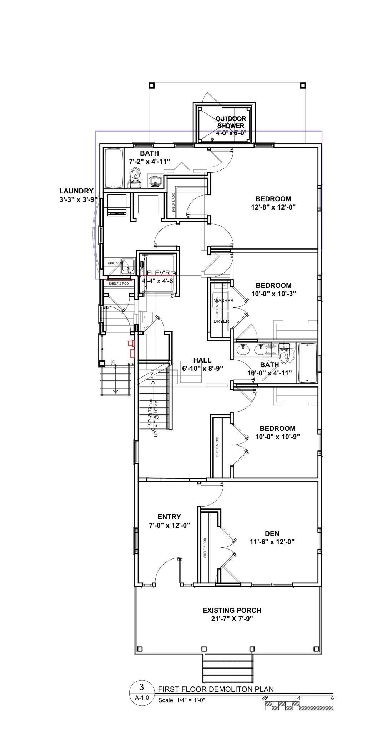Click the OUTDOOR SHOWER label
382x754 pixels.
pyautogui.click(x=231, y=122)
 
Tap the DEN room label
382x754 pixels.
pyautogui.click(x=272, y=533)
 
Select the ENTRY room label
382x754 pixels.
pyautogui.click(x=169, y=517)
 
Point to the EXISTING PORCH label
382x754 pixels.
pyautogui.click(x=232, y=610)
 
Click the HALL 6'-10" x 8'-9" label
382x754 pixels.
pyautogui.click(x=202, y=364)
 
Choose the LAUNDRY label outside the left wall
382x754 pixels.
pyautogui.click(x=76, y=191)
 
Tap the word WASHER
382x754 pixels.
pyautogui.click(x=224, y=300)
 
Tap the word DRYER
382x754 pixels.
pyautogui.click(x=221, y=321)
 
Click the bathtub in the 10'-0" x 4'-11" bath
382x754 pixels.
pyautogui.click(x=307, y=363)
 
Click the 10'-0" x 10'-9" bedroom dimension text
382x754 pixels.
pyautogui.click(x=277, y=436)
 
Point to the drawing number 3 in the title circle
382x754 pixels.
pyautogui.click(x=141, y=687)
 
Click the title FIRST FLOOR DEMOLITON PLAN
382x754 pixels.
pyautogui.click(x=216, y=689)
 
